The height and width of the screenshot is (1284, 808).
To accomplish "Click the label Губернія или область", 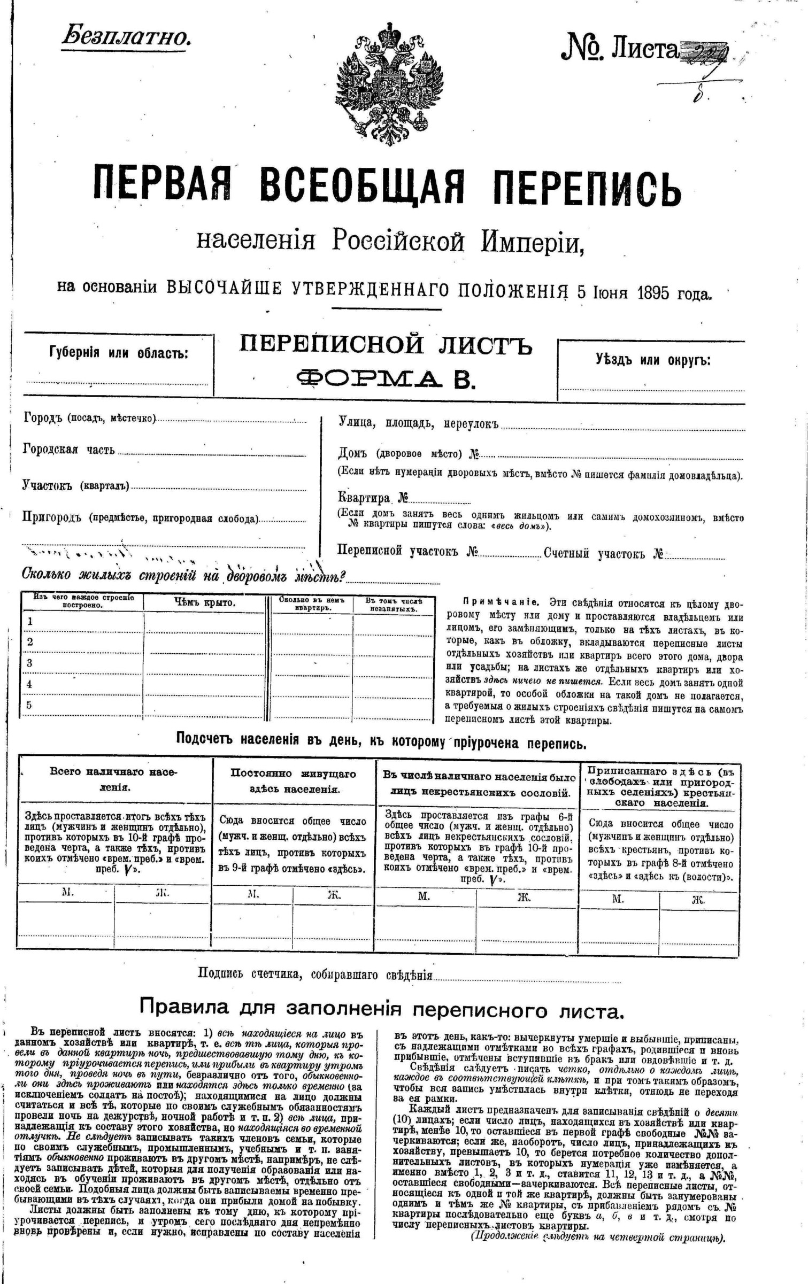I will [x=118, y=353].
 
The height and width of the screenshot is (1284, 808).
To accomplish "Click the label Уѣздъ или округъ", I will [x=653, y=360].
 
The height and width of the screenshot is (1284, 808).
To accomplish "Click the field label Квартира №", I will [x=373, y=498].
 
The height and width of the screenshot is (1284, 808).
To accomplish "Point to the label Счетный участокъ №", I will [x=604, y=553].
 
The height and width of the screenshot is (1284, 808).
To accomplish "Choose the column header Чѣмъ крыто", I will [x=204, y=602].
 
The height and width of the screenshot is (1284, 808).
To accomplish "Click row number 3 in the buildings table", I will [x=30, y=663].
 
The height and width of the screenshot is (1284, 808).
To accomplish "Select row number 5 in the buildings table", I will [x=29, y=705].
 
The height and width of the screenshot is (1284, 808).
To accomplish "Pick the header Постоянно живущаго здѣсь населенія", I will [x=293, y=781].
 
